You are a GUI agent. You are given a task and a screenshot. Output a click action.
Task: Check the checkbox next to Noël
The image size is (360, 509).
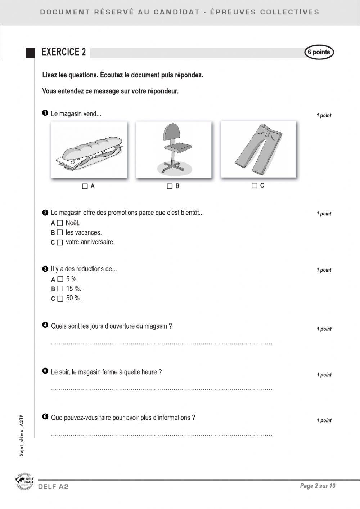[x=60, y=223]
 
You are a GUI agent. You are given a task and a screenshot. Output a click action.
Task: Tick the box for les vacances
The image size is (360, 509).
[x=60, y=233]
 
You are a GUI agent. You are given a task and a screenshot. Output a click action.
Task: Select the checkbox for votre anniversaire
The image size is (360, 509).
[x=60, y=242]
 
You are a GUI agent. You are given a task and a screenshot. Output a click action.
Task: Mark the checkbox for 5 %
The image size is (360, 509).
[x=60, y=279]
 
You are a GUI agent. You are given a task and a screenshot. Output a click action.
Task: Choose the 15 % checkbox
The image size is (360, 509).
[x=60, y=289]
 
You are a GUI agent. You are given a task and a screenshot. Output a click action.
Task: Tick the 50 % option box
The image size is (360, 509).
[x=60, y=299]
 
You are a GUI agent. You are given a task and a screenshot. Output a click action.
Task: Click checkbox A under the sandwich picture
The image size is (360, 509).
[x=85, y=186]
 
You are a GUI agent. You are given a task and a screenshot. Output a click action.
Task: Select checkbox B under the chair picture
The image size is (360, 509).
[x=170, y=186]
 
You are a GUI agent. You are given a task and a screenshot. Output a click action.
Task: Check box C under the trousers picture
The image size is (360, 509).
[x=255, y=186]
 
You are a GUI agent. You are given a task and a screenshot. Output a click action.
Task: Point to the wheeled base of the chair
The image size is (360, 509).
[x=172, y=166]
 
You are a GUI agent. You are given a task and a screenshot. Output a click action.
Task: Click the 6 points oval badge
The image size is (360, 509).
[x=319, y=52]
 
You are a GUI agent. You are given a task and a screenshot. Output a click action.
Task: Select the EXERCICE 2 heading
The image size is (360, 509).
[x=64, y=52]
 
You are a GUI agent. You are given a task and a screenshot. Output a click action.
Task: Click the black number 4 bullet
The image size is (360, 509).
[x=45, y=325]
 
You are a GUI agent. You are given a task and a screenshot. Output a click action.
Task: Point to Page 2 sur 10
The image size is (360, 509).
[x=318, y=486]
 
